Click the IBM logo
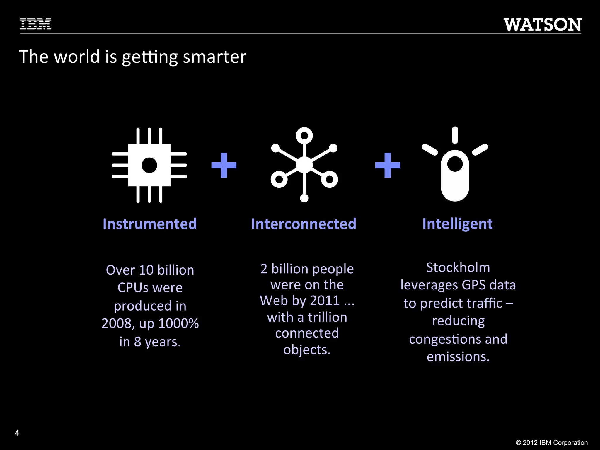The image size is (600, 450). click(35, 24)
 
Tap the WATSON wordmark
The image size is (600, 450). click(542, 25)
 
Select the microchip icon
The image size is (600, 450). click(149, 165)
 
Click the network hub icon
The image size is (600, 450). click(304, 165)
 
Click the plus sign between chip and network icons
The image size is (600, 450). click(224, 165)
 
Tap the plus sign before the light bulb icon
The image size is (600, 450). click(388, 165)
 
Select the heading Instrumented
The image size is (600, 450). click(150, 224)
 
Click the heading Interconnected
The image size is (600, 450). click(304, 224)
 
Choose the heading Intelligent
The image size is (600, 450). click(457, 224)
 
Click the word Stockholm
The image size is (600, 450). click(458, 267)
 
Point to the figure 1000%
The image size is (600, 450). click(178, 323)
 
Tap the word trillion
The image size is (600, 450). click(327, 317)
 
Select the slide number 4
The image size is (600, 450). click(17, 433)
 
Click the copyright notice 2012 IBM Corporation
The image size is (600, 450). click(552, 442)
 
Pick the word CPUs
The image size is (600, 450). click(133, 288)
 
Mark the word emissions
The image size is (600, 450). click(458, 357)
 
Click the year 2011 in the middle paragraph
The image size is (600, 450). click(325, 301)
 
